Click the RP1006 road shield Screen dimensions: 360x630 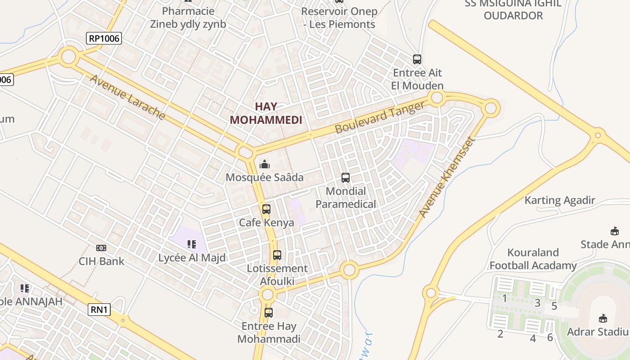[104, 38]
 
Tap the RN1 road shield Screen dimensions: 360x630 [99, 310]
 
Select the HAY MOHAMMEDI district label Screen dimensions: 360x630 [266, 113]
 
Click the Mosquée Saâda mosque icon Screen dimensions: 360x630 [265, 164]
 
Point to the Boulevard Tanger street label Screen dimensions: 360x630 [380, 117]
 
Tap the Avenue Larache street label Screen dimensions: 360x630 [127, 97]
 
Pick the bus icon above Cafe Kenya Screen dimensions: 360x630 [266, 209]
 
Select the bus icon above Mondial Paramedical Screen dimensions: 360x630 [346, 178]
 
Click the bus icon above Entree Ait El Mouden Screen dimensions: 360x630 [417, 59]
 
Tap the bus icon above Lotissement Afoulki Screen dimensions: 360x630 [277, 255]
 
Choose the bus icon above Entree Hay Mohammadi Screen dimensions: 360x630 [269, 313]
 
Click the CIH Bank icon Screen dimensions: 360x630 [101, 248]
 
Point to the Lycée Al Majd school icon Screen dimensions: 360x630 [192, 244]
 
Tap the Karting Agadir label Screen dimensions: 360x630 [560, 200]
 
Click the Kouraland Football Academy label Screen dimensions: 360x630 [533, 259]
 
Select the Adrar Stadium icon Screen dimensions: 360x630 [603, 319]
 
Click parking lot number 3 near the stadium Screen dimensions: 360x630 [537, 303]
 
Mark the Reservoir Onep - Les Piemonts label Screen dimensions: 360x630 [339, 17]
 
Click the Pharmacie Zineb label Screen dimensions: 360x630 [188, 17]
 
